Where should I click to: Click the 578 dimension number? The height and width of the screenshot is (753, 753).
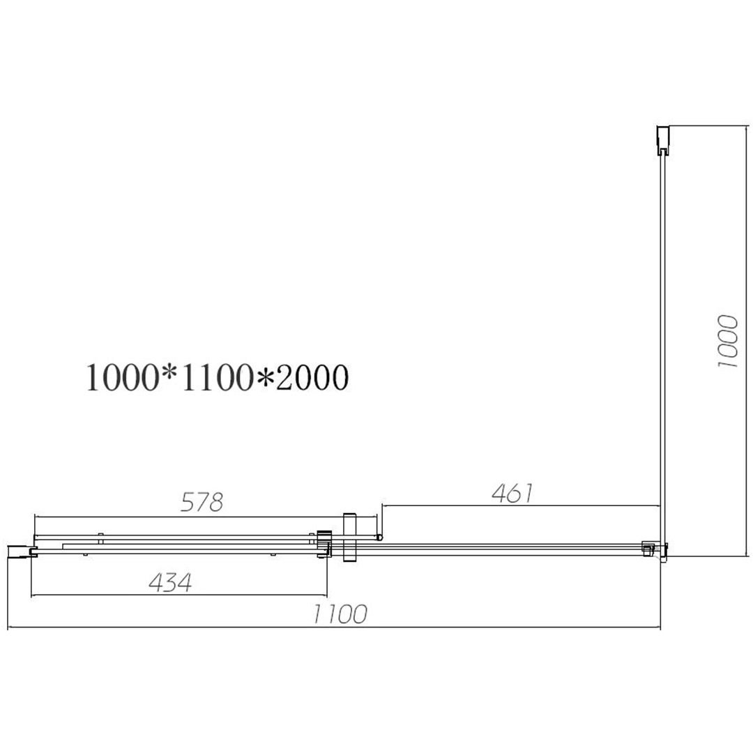click(201, 502)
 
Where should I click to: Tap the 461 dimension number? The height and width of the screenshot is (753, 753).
click(512, 493)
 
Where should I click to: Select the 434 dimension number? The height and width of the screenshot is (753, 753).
click(170, 582)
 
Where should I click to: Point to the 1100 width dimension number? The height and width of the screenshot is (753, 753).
click(340, 614)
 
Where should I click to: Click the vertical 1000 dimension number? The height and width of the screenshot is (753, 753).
click(727, 342)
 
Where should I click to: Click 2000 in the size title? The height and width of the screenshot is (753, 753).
click(312, 377)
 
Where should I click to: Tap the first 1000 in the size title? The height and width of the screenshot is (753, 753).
click(122, 377)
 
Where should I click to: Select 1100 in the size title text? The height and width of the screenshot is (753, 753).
click(217, 377)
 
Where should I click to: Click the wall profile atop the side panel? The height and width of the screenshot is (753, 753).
click(663, 140)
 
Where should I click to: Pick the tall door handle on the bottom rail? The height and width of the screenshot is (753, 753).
click(349, 538)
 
